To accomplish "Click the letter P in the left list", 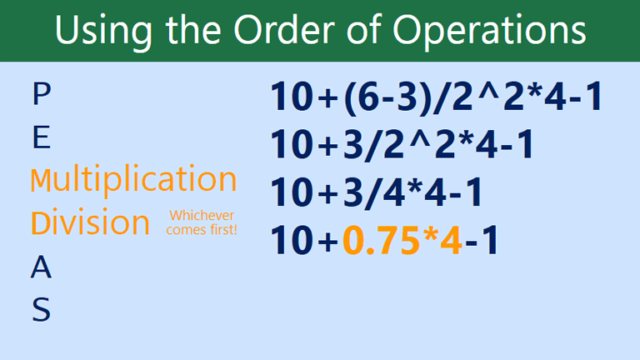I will [40, 93].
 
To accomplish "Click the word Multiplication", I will [134, 180].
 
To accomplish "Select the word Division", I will [91, 222].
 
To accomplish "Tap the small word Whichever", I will [201, 216].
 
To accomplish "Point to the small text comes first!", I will [201, 229].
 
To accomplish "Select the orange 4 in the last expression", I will [451, 240].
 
